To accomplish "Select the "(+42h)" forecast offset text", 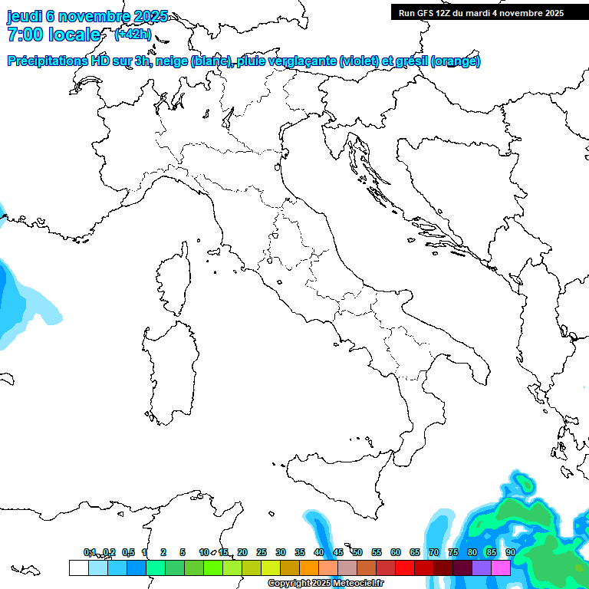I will (x=133, y=35).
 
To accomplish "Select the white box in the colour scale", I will (x=78, y=568).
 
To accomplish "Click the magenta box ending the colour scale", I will (x=501, y=568).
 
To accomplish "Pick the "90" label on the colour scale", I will (x=510, y=552).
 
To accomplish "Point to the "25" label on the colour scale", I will (x=261, y=552).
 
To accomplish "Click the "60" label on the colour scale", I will (x=396, y=552).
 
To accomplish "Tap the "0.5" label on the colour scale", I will (x=128, y=552).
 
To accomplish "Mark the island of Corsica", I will (x=173, y=280).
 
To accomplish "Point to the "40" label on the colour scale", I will (x=318, y=552).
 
